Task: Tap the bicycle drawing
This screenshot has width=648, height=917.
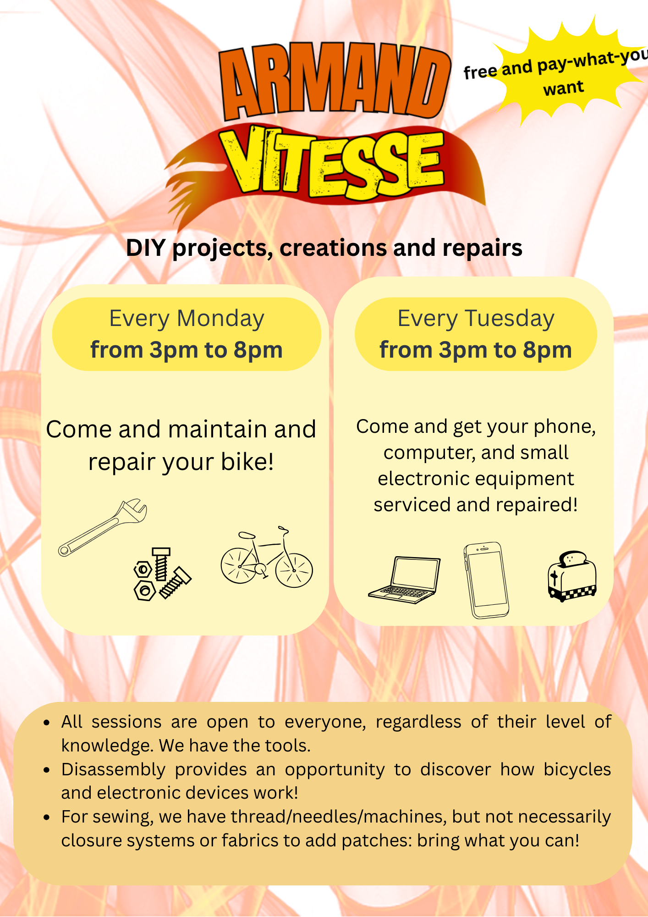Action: [267, 558]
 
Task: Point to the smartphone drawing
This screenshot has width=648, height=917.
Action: [486, 580]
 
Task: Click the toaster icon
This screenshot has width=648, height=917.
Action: [572, 576]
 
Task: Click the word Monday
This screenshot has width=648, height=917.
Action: [220, 318]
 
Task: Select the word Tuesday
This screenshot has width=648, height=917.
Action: [510, 319]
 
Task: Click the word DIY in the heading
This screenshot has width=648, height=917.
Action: [146, 248]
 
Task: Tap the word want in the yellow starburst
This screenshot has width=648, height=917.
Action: [564, 88]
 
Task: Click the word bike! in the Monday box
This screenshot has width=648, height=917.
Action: [247, 462]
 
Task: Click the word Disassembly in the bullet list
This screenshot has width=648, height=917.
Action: [113, 770]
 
